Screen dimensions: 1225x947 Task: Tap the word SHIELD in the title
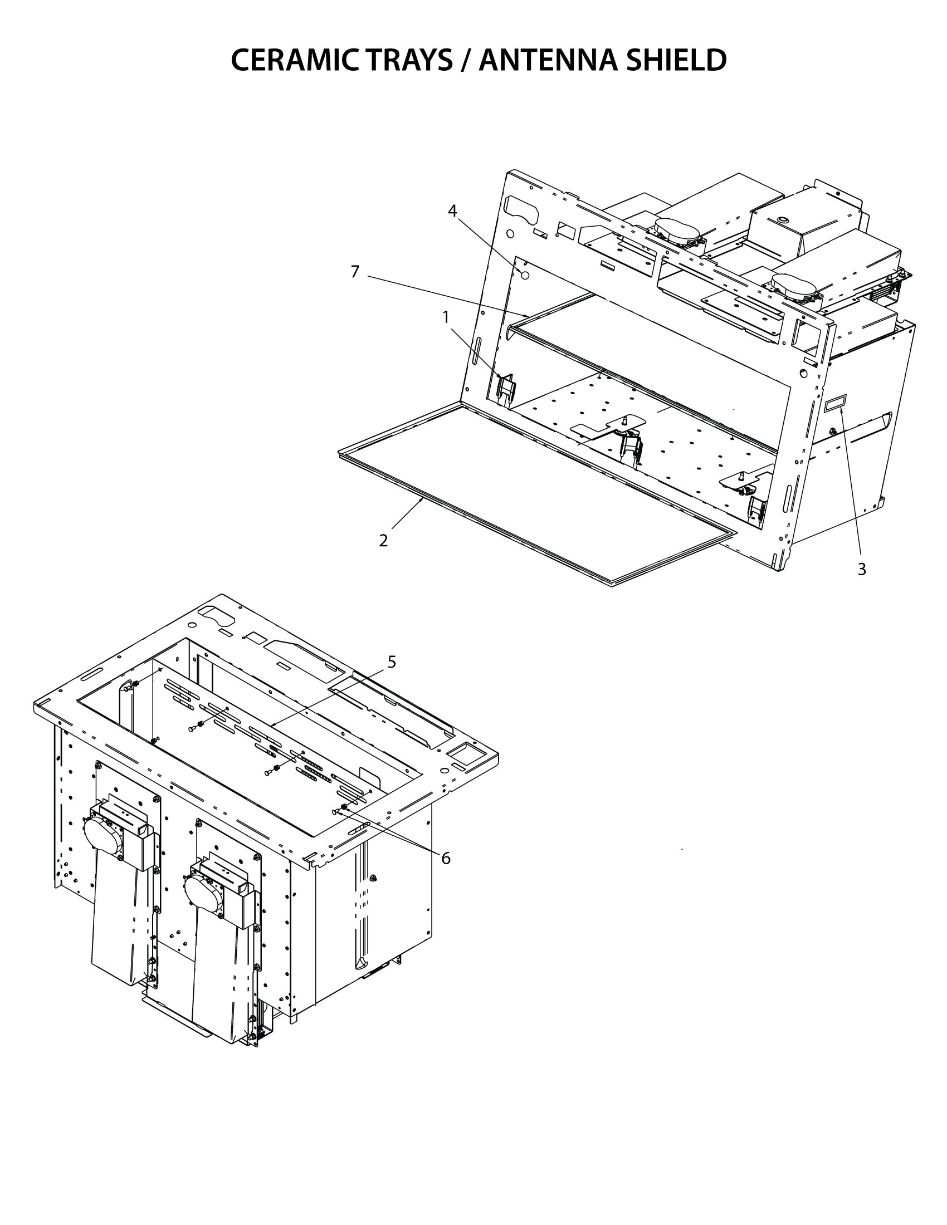click(676, 60)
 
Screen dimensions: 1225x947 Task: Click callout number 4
click(452, 211)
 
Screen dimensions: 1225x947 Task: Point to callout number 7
click(354, 272)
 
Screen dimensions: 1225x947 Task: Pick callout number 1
click(446, 317)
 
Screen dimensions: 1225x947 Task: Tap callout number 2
click(383, 541)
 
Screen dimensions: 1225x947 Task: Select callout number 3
click(862, 569)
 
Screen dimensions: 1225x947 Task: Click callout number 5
click(392, 662)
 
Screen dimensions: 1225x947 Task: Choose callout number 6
click(446, 858)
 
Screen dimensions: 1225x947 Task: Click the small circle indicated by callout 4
click(525, 276)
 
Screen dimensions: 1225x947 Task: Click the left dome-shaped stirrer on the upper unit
click(677, 230)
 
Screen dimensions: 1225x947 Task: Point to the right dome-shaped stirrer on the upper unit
click(794, 285)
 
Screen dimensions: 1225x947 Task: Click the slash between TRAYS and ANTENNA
click(466, 60)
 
